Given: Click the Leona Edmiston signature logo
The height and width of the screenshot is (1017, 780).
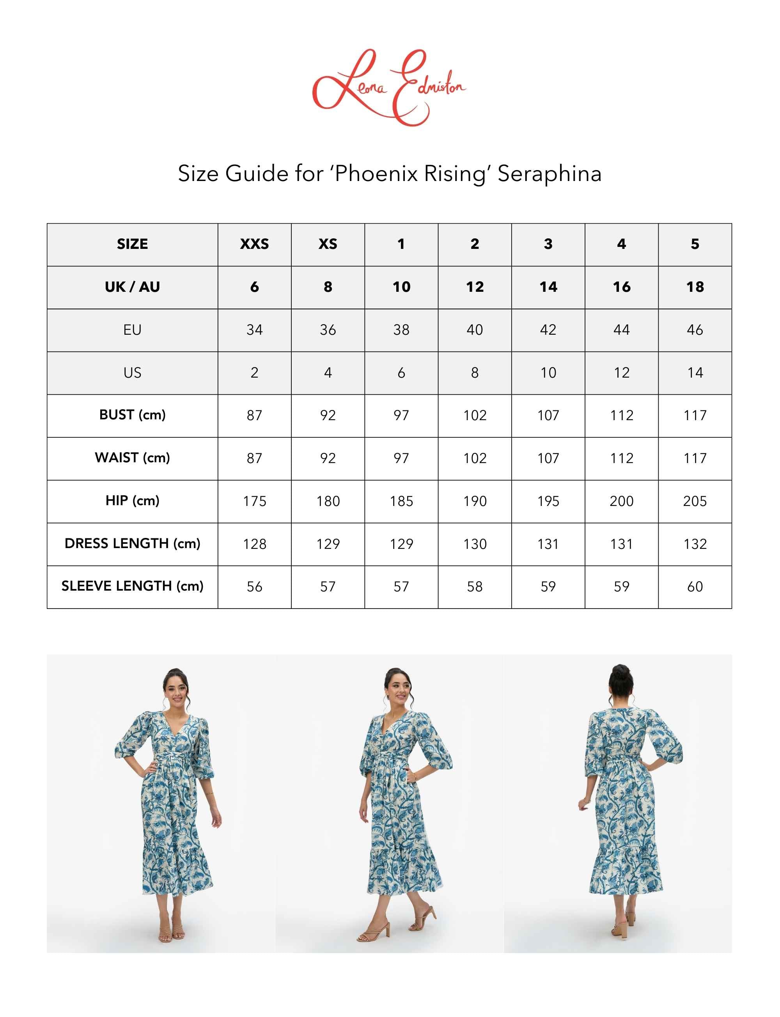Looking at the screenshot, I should point(389,87).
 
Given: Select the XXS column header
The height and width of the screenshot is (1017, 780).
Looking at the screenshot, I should point(254,244).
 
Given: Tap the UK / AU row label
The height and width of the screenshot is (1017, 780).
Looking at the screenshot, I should point(132,287).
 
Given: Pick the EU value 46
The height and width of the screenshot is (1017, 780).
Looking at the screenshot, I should point(695,330).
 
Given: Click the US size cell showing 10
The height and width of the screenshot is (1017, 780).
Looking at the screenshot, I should point(548,373).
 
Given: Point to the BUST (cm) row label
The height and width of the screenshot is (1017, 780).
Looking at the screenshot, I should point(132,415).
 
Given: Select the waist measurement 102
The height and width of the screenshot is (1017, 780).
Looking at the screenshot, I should point(475,458).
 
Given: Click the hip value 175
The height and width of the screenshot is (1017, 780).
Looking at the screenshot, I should point(254,501).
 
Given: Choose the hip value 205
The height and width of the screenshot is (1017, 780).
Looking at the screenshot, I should point(695,501).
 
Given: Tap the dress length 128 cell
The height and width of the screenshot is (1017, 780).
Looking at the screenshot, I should point(254,544).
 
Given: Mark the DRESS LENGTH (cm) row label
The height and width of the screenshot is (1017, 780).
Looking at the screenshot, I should point(132,543).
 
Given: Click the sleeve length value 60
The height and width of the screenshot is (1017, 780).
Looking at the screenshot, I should point(695,586).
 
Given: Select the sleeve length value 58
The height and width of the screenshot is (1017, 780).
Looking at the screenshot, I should point(475,586).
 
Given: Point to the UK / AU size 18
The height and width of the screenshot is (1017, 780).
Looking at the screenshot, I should point(695,287).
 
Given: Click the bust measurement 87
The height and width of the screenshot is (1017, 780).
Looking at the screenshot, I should point(254,415).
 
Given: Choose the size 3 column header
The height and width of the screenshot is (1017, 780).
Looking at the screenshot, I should point(548,244).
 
